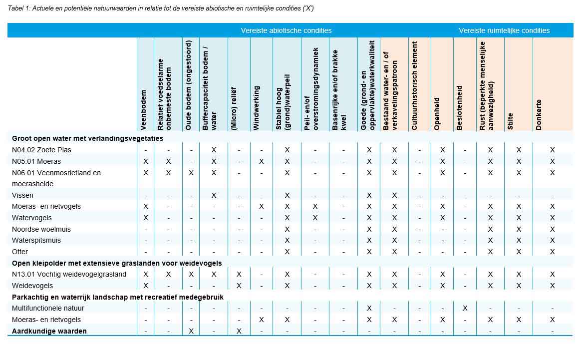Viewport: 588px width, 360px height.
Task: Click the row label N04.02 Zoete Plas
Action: coord(41,150)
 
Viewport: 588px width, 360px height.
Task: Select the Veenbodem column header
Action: coord(144,110)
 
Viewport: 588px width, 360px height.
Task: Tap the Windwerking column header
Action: coord(257,108)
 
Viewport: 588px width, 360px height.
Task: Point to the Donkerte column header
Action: coord(539,114)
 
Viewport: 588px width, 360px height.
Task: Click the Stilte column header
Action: coord(510,121)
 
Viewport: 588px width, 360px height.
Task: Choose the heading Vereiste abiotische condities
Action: coord(286,30)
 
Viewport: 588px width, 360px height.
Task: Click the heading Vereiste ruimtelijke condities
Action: coord(504,30)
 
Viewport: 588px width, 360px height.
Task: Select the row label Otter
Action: coord(20,252)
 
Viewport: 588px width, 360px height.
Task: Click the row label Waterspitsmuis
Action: coord(37,240)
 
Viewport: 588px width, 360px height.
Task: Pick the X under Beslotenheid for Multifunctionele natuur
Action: coord(465,308)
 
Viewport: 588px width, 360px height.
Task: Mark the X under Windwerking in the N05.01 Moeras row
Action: coord(262,161)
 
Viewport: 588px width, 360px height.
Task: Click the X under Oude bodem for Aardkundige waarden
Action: coord(191,331)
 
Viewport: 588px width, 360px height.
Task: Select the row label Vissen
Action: coord(22,195)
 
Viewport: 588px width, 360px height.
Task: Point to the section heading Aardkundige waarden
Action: coord(49,331)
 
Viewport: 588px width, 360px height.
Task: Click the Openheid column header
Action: coord(437,113)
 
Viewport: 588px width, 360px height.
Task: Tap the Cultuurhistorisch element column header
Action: coord(415,85)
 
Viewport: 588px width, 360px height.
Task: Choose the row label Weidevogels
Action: coord(32,286)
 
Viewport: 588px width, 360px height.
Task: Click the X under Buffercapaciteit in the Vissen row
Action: coord(214,195)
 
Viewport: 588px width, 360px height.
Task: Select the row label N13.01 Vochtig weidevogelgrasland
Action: coord(69,274)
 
